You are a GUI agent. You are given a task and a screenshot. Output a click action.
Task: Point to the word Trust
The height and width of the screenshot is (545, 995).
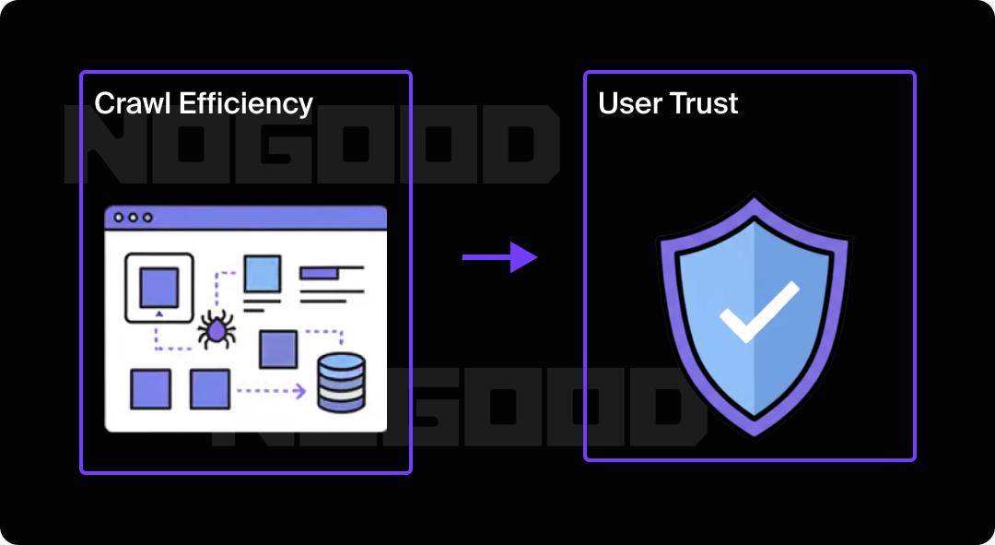pos(705,103)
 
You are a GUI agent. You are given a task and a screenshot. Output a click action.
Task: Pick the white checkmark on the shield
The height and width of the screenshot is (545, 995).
pos(759,311)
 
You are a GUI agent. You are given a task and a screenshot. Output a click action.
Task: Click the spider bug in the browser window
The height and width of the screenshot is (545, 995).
pos(217,329)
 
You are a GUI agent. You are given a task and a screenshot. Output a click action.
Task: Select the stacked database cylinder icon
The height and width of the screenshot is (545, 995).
pos(341,382)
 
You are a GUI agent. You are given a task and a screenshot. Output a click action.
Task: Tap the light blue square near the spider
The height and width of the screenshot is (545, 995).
pos(263,274)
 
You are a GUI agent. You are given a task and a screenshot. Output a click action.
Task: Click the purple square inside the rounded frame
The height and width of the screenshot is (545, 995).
pos(158,286)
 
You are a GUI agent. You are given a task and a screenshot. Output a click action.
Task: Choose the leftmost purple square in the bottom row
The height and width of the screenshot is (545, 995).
pos(150,389)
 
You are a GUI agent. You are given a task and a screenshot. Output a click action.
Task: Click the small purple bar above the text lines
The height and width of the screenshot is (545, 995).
pos(320,273)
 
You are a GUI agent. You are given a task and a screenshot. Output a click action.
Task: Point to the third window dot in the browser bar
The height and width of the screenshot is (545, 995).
pos(147,218)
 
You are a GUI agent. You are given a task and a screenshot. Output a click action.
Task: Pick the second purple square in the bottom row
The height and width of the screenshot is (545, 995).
pos(209,389)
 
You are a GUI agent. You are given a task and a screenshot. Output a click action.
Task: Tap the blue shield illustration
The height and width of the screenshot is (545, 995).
pos(754,314)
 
